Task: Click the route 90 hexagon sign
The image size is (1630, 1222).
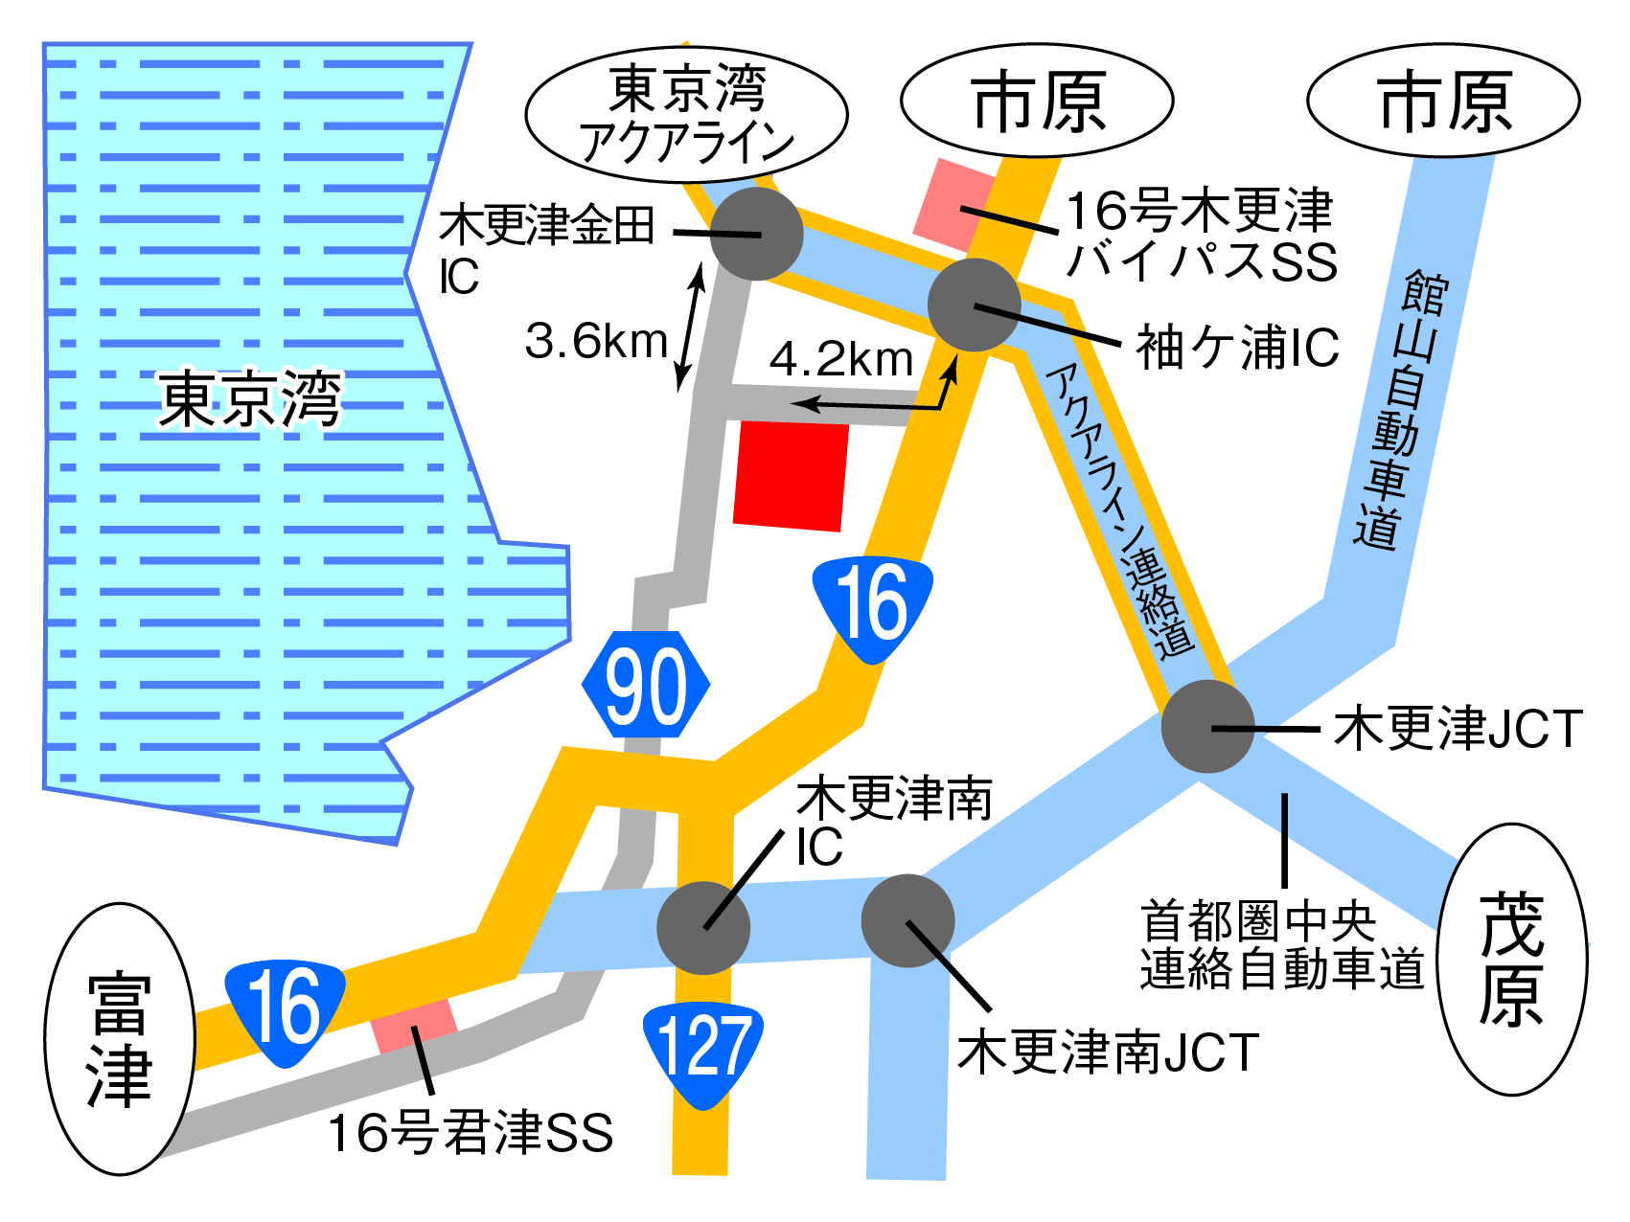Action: [646, 685]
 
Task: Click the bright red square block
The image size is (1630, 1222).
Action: [791, 475]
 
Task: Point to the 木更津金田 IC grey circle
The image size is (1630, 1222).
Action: [756, 234]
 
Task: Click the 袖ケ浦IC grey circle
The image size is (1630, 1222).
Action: [974, 305]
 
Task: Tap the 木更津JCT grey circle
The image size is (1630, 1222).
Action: [1207, 727]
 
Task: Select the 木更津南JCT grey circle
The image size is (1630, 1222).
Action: [907, 921]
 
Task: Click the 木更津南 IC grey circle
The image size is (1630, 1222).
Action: [703, 928]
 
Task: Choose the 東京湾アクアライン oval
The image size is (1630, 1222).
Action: [686, 114]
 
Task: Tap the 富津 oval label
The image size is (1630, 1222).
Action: [120, 1039]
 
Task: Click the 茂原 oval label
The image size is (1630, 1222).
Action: [1512, 959]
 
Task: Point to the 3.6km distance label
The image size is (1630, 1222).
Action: [596, 342]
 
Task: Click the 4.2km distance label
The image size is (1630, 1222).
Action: [841, 360]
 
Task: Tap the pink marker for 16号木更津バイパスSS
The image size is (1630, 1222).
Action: [954, 203]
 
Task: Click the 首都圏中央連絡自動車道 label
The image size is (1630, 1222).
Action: [1281, 945]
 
